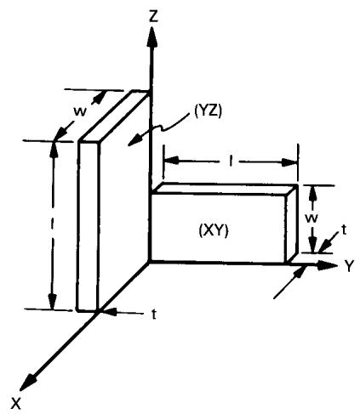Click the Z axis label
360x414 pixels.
(x=153, y=16)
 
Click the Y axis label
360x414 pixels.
(x=349, y=266)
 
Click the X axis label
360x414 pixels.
(x=16, y=403)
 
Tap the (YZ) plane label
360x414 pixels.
(x=208, y=111)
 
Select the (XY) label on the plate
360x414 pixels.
(x=214, y=231)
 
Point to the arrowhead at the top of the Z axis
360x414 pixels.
(x=152, y=36)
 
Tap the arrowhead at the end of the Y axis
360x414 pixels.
(x=327, y=265)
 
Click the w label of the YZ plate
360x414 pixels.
(x=80, y=111)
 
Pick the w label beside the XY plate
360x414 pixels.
(x=311, y=218)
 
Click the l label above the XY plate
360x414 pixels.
(x=231, y=162)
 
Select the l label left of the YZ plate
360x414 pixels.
(x=52, y=224)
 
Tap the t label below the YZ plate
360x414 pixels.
(x=154, y=314)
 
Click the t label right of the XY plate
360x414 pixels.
(x=344, y=230)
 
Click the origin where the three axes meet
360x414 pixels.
(x=150, y=262)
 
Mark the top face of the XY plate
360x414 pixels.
(x=224, y=190)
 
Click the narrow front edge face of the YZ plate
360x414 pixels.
(x=89, y=225)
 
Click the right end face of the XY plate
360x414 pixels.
(x=291, y=224)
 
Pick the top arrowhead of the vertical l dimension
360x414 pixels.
(x=53, y=151)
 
